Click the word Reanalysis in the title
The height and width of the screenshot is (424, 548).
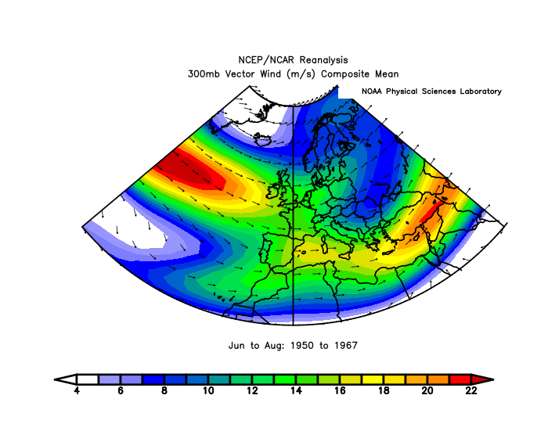pos(323,60)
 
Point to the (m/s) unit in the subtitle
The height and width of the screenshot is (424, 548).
pos(304,74)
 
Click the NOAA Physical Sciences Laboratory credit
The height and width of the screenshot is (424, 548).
pos(431,92)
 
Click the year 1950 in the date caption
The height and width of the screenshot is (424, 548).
pos(301,344)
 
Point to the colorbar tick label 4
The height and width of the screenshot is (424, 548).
pos(77,390)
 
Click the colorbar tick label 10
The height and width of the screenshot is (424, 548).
pos(208,390)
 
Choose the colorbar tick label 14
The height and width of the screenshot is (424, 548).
pos(296,390)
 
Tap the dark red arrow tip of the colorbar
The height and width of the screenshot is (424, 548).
pos(483,379)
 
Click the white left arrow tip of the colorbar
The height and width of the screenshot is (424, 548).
pos(64,379)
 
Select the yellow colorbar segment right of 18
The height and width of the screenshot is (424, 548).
pos(394,379)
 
